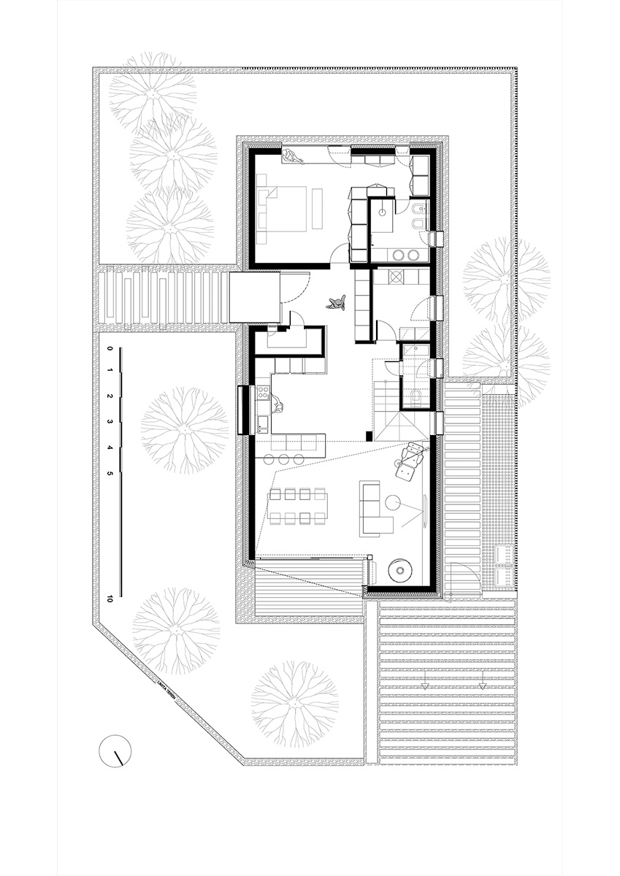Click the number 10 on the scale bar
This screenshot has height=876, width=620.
pyautogui.click(x=110, y=599)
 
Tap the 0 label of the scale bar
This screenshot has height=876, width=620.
pyautogui.click(x=110, y=350)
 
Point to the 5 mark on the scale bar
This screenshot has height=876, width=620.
pyautogui.click(x=110, y=474)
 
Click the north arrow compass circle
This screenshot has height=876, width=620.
pyautogui.click(x=115, y=751)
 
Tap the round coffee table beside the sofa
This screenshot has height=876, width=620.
pyautogui.click(x=394, y=502)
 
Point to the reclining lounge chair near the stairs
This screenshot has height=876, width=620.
pyautogui.click(x=407, y=463)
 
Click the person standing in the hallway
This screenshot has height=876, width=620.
pyautogui.click(x=337, y=303)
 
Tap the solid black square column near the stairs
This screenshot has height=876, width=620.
pyautogui.click(x=370, y=437)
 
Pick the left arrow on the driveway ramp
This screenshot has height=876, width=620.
pyautogui.click(x=424, y=685)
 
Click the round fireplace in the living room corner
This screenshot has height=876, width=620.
pyautogui.click(x=399, y=570)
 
